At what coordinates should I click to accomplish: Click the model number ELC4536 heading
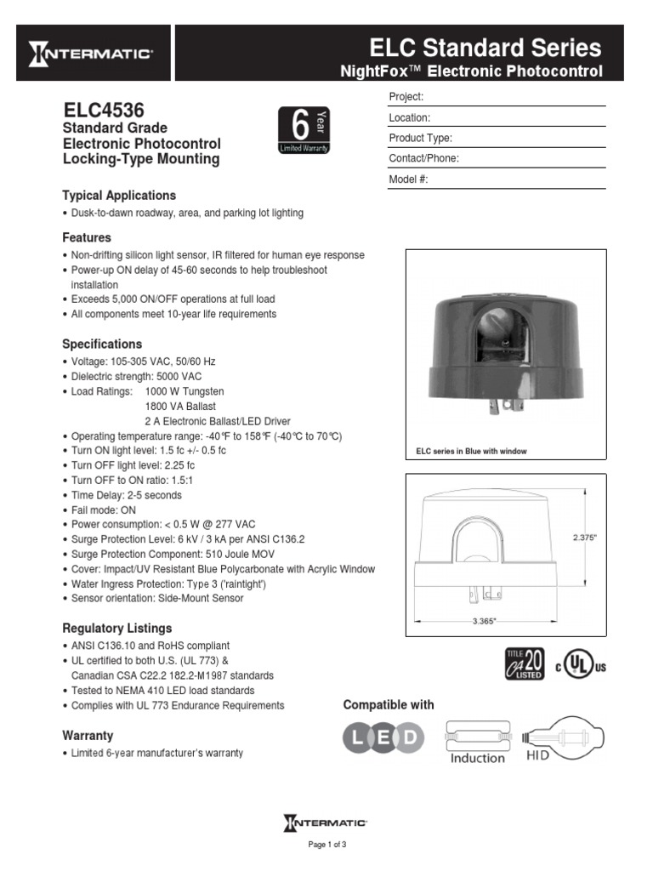tap(104, 111)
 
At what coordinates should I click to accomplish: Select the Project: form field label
tap(406, 97)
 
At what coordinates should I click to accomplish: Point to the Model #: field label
tap(408, 179)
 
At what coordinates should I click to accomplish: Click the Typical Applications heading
tap(119, 196)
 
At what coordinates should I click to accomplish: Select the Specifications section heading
tap(102, 344)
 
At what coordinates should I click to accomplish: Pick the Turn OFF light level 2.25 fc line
tap(133, 465)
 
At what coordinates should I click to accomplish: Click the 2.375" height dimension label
tap(585, 538)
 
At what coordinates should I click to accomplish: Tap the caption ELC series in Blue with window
tap(471, 451)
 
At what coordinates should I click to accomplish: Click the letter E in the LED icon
tap(383, 736)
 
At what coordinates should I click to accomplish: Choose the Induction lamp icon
tap(477, 739)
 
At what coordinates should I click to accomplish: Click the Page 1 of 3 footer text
tap(326, 844)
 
